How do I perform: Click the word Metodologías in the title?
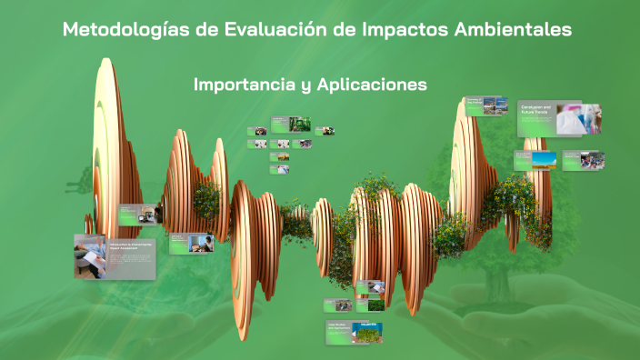pyautogui.click(x=125, y=30)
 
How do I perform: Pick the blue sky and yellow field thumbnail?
pyautogui.click(x=545, y=160)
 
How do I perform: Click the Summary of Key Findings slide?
pyautogui.click(x=474, y=105)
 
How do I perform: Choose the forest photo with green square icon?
pyautogui.click(x=300, y=123)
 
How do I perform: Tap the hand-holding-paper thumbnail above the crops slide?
pyautogui.click(x=374, y=287)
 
